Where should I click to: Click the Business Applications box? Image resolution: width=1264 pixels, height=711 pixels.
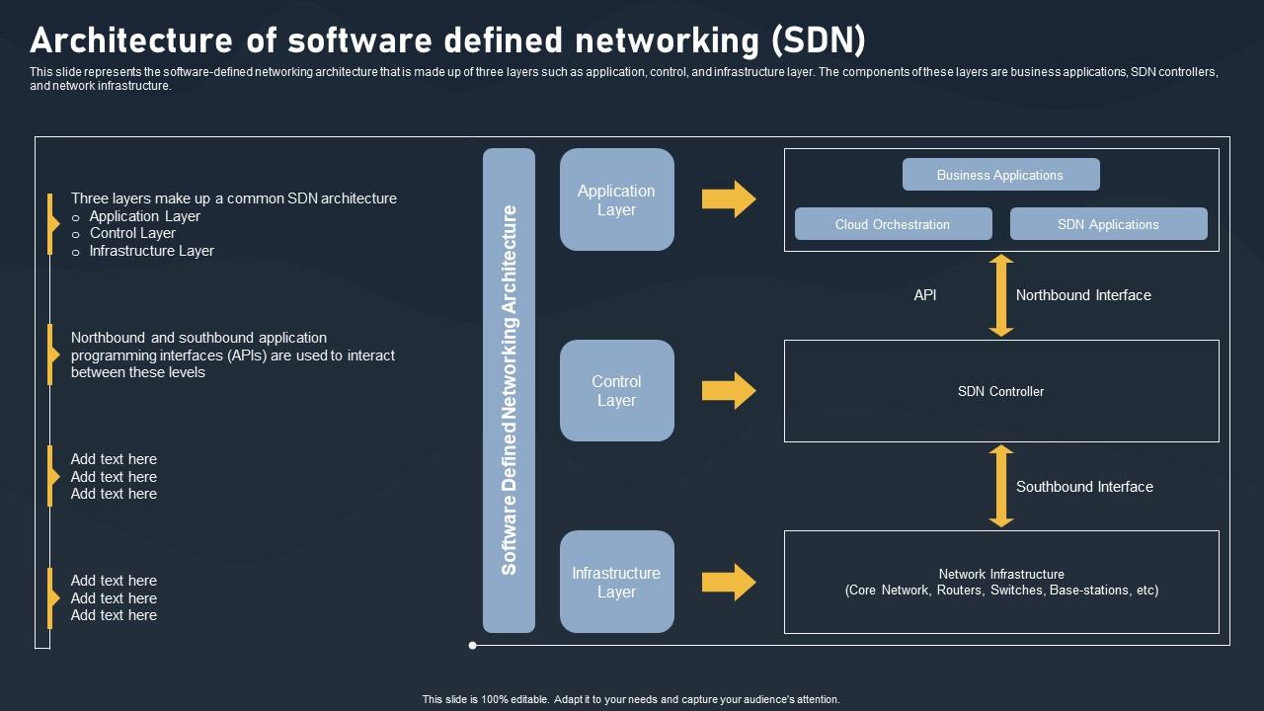click(1000, 175)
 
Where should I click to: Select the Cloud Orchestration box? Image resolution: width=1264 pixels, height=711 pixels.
click(893, 224)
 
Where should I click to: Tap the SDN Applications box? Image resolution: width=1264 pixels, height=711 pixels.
click(1108, 224)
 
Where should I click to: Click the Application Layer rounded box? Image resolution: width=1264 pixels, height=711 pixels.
click(616, 199)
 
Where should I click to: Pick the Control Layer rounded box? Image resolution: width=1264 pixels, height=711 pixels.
click(616, 390)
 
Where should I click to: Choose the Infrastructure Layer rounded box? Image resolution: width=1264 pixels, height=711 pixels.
click(616, 582)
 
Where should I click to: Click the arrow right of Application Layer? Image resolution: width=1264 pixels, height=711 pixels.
click(729, 198)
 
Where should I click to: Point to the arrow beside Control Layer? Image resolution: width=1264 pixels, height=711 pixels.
click(729, 390)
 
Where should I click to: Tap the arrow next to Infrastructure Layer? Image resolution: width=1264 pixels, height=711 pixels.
click(729, 582)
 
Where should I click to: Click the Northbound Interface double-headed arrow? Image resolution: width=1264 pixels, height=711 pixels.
click(1001, 295)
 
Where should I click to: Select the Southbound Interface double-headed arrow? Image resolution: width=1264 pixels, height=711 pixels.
click(1001, 486)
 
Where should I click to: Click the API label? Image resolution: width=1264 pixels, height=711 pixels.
click(925, 295)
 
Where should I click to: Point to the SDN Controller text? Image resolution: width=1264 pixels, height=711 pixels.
click(1000, 391)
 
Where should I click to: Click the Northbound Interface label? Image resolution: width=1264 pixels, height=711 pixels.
click(1083, 295)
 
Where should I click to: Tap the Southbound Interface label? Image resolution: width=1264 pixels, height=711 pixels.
click(1084, 487)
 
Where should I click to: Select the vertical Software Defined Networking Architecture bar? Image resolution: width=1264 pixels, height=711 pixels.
click(509, 390)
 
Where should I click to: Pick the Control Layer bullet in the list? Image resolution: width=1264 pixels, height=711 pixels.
click(132, 233)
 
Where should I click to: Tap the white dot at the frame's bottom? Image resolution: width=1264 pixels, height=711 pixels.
click(473, 646)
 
